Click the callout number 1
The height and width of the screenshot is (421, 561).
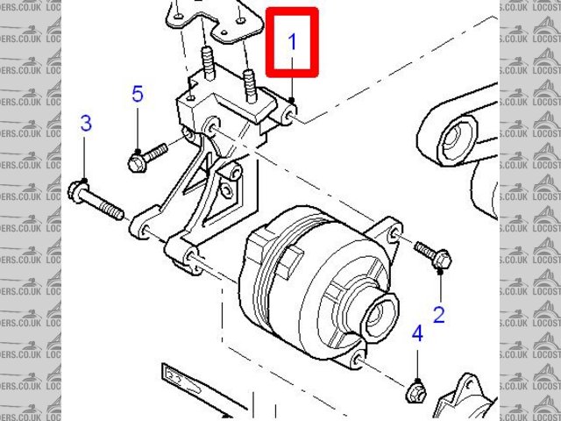[x=293, y=40]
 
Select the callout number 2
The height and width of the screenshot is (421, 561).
[x=439, y=311]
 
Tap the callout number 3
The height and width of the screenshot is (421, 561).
[x=86, y=124]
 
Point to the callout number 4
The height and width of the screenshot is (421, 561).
[x=417, y=333]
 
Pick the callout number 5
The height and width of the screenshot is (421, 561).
[x=137, y=94]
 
